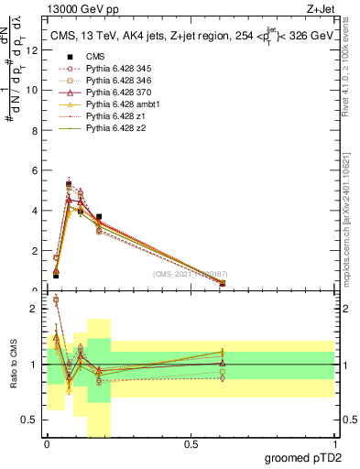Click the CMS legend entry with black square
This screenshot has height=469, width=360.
coord(94,57)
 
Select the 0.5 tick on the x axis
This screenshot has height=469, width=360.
coord(191,444)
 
